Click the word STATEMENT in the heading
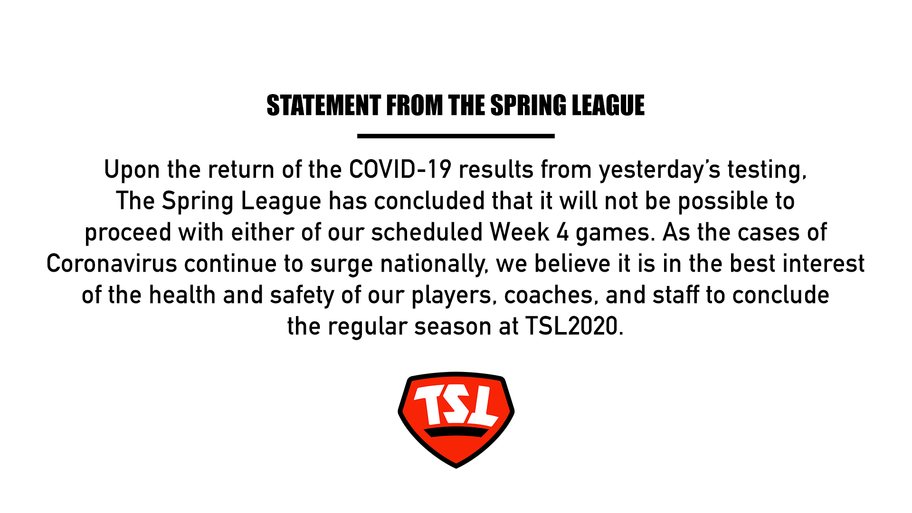point(323,105)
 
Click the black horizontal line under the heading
point(456,136)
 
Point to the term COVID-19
point(400,170)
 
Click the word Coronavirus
point(112,264)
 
